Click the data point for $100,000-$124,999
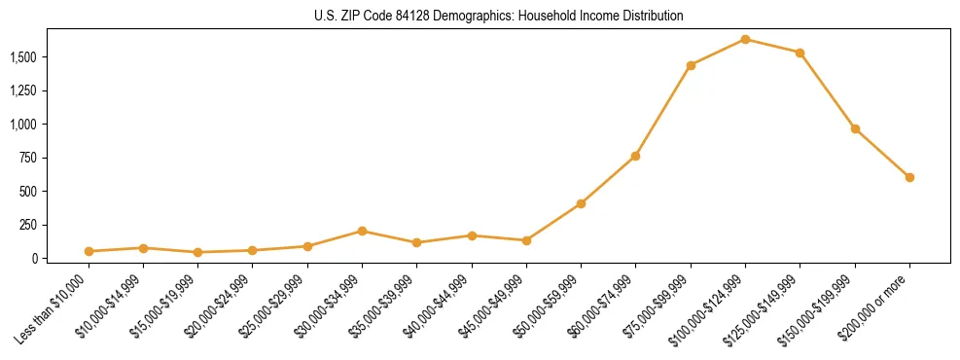[745, 39]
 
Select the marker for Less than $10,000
[89, 251]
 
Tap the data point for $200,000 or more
[909, 177]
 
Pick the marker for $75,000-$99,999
[691, 65]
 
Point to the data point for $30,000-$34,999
[362, 231]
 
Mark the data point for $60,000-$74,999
[635, 156]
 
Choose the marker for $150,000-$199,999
[855, 128]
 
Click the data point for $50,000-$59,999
[581, 203]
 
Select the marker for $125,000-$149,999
[800, 53]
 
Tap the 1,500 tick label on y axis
[23, 57]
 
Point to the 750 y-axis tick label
[29, 158]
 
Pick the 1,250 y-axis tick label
[23, 91]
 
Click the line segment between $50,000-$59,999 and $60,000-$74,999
[608, 180]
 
